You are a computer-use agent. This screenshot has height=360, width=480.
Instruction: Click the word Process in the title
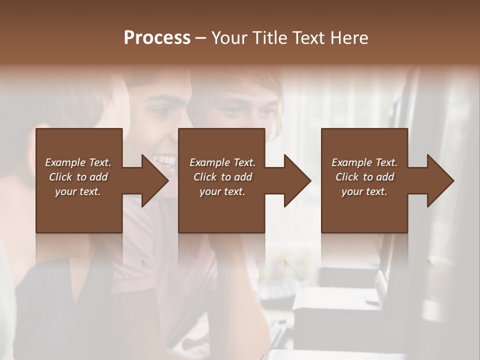157,38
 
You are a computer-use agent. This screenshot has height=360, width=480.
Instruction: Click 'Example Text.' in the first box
78,162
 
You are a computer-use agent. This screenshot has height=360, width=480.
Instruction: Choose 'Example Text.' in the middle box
222,162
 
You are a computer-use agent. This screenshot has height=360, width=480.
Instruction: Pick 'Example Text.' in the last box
364,162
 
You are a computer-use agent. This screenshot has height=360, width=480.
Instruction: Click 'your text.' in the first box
78,191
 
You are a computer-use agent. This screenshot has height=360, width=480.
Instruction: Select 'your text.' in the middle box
222,191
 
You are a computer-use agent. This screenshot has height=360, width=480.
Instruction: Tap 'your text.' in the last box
364,191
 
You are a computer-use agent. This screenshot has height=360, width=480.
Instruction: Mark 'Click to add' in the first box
78,177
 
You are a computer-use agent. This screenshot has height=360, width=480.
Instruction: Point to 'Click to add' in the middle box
222,177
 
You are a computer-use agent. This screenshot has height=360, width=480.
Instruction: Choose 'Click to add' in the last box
364,177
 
